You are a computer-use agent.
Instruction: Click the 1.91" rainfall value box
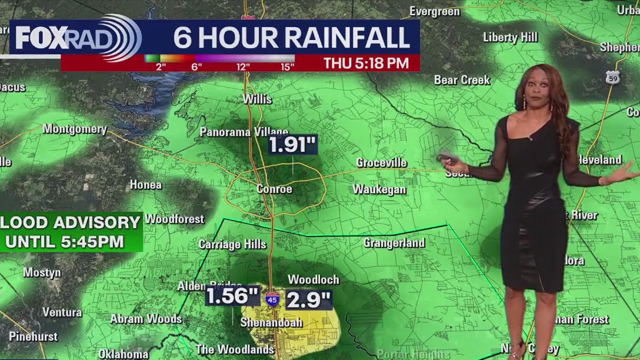click(292, 145)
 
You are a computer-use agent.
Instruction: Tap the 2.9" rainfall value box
click(309, 300)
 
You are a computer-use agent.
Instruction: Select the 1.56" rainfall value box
click(233, 296)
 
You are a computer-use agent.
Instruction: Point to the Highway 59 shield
click(612, 78)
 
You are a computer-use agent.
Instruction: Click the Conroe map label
click(274, 189)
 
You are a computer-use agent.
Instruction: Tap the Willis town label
click(258, 99)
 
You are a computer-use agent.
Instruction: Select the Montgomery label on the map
click(75, 129)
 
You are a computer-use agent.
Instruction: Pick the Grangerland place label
click(394, 243)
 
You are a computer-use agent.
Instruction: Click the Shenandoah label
click(271, 322)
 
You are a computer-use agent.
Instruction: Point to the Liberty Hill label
click(510, 38)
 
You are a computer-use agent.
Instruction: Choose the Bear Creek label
click(462, 80)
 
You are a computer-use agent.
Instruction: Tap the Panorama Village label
click(244, 132)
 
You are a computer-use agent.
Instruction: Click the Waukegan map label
click(379, 189)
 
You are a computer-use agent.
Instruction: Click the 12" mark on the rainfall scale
click(242, 66)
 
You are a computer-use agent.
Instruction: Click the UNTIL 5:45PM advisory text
click(65, 241)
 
